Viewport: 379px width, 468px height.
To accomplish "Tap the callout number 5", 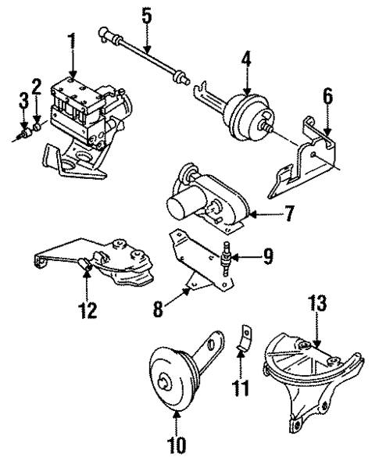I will (145, 15).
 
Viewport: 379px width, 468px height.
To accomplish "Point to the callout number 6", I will (327, 98).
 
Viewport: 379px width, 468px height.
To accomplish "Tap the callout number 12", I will (88, 310).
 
